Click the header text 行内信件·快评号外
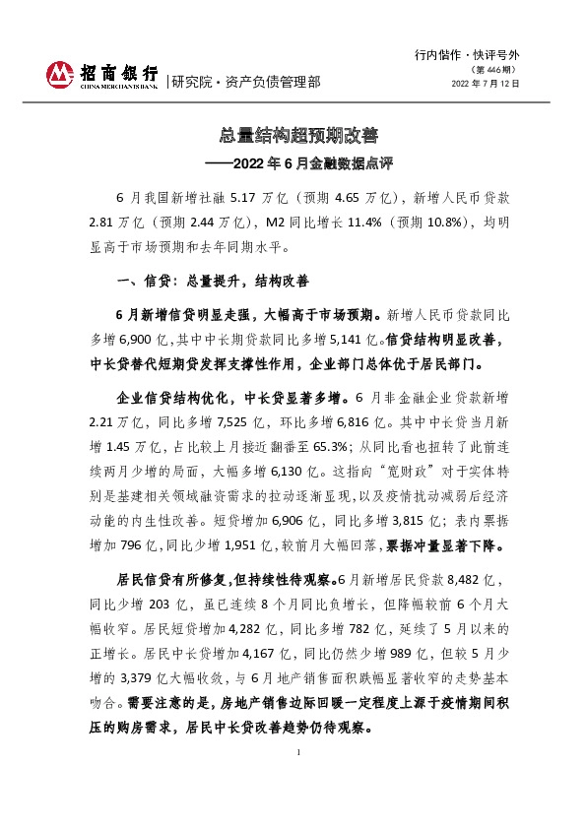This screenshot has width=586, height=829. (x=468, y=57)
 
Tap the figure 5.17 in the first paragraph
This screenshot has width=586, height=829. (x=244, y=197)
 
